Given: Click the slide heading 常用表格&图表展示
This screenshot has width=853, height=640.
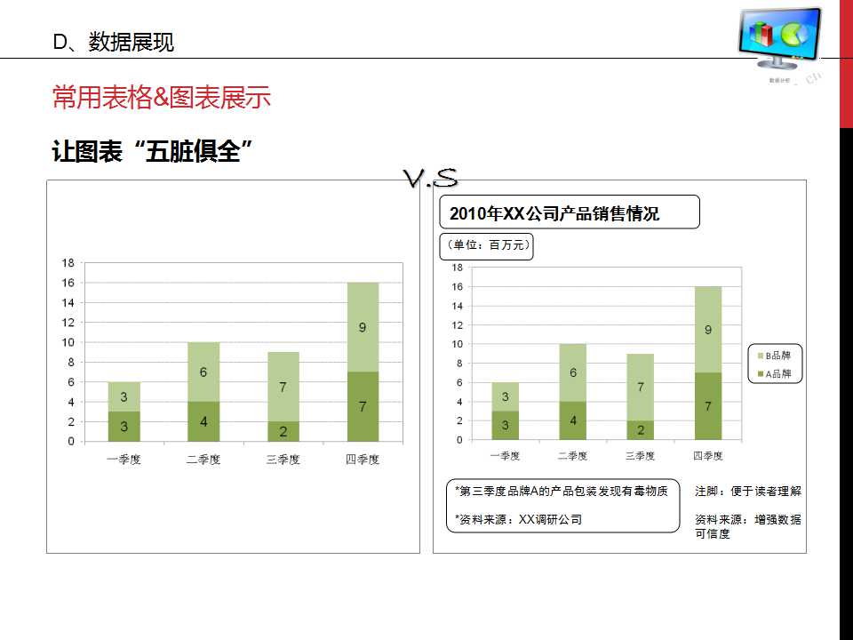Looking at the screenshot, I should tap(162, 98).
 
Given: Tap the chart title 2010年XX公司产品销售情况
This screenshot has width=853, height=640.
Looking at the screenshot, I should tap(554, 214).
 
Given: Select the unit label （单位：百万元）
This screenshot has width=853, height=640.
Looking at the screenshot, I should tap(487, 245).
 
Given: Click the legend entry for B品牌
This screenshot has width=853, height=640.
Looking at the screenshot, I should tap(777, 356).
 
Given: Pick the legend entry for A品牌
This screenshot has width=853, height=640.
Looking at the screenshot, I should tap(777, 374).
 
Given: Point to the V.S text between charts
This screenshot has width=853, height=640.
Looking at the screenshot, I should tap(431, 179).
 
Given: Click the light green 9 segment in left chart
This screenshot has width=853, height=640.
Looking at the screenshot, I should tap(363, 327).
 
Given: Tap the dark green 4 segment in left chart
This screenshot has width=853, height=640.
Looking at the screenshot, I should tap(203, 421).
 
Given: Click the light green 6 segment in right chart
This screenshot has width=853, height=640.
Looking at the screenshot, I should tap(573, 373).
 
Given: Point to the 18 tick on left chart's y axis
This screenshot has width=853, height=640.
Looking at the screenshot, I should tap(68, 263).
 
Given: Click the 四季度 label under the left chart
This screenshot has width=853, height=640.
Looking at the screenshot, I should tap(362, 460).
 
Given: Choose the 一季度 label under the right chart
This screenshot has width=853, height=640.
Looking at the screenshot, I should tap(505, 456).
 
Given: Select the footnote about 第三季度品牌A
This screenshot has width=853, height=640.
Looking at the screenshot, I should tap(561, 491).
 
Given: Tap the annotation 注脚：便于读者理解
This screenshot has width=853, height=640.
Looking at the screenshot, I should tap(747, 491).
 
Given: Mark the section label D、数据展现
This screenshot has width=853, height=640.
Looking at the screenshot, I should tap(114, 42).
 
